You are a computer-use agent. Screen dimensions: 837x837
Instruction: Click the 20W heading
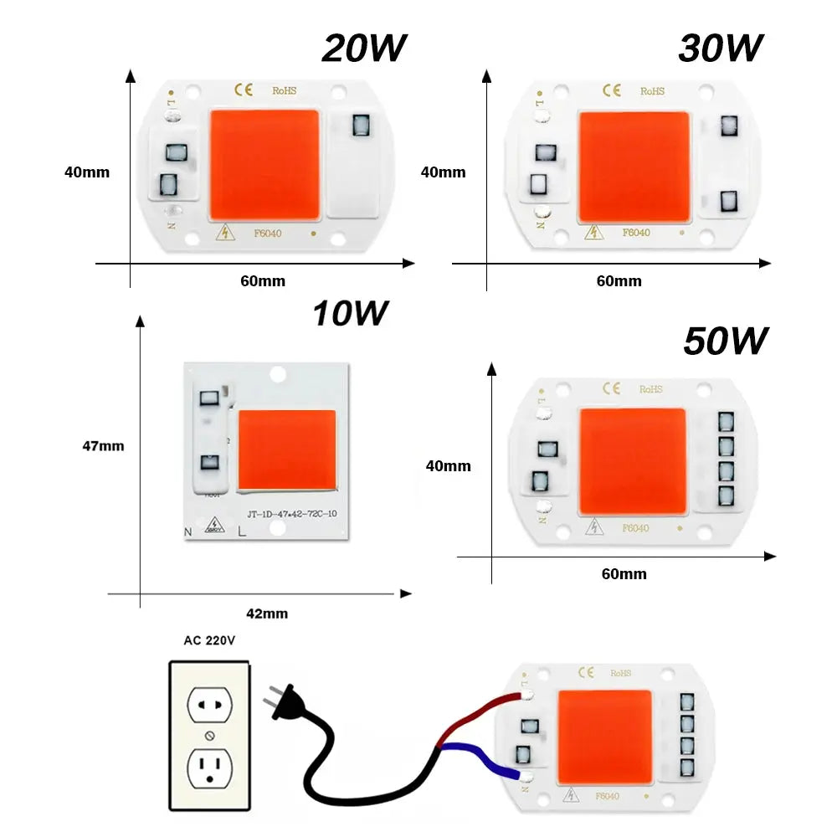363,49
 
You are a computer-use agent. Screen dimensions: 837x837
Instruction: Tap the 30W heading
720,49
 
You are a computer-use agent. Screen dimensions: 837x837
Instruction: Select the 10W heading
351,314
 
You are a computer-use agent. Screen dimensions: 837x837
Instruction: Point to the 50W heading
725,341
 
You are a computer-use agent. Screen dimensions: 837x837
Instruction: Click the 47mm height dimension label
103,446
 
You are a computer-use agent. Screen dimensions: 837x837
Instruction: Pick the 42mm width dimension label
267,614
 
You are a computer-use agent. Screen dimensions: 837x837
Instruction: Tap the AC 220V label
209,641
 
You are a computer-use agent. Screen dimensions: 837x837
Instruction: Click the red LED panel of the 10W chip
287,450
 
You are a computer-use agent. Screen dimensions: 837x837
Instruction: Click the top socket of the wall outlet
209,705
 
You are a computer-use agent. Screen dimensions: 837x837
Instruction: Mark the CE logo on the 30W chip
612,90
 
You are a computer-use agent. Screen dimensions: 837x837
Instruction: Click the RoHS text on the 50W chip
650,389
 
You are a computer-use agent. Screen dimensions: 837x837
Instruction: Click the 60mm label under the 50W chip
624,574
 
